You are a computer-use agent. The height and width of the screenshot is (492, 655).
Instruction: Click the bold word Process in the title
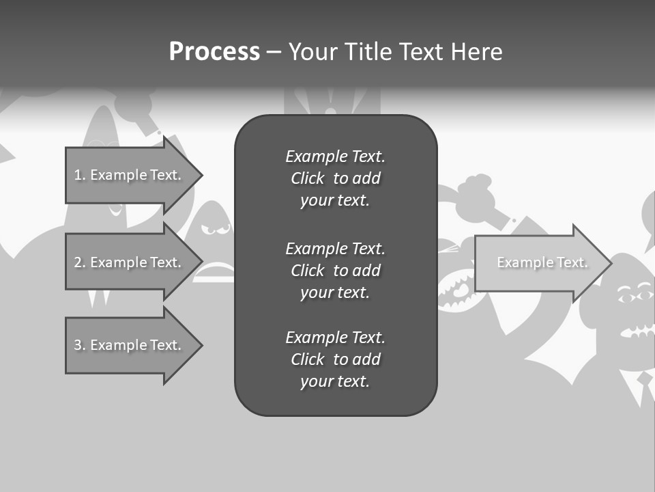click(x=214, y=52)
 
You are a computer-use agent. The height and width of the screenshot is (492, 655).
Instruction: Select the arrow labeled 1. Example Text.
click(x=128, y=175)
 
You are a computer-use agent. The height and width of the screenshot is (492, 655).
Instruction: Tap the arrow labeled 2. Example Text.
click(x=128, y=262)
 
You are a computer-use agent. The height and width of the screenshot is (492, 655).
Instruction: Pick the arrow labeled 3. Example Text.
click(x=128, y=345)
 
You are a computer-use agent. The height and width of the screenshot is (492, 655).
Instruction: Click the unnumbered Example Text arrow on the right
click(x=542, y=262)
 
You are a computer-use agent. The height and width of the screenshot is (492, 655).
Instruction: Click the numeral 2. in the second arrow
click(x=79, y=262)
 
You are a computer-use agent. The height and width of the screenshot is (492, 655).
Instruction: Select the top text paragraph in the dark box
click(x=335, y=178)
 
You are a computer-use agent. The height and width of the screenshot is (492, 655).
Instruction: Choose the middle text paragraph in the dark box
click(x=335, y=271)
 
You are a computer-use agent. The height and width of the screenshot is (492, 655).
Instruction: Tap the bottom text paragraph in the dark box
click(x=335, y=359)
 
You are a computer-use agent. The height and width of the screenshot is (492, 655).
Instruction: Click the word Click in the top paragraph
click(x=307, y=178)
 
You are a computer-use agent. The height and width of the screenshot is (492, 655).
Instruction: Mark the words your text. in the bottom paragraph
click(x=335, y=381)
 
